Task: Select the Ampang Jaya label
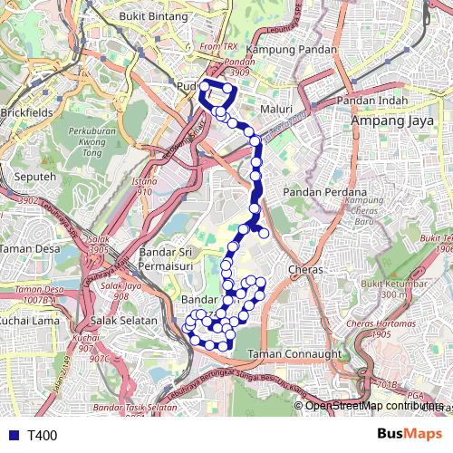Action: (390, 120)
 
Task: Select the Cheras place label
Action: (304, 270)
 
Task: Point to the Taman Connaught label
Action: (294, 353)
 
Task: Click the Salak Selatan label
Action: (123, 321)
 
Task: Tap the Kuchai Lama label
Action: (28, 321)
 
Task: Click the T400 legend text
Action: (42, 436)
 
